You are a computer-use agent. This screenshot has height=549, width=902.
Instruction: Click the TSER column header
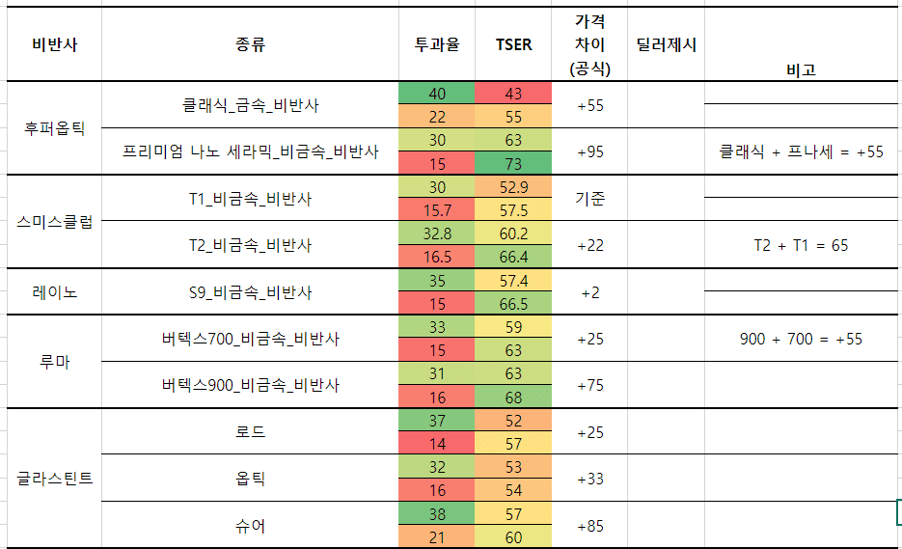click(513, 44)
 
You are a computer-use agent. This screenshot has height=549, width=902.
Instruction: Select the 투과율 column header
click(436, 44)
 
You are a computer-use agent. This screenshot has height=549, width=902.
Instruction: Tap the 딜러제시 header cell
click(667, 44)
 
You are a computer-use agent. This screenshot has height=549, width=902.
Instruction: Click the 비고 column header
click(801, 69)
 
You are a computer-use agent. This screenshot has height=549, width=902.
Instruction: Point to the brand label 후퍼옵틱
click(54, 128)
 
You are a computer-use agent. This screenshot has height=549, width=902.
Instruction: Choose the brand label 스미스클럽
click(54, 221)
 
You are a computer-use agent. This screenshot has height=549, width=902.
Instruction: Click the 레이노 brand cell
click(54, 291)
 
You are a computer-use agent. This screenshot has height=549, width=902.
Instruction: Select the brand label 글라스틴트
click(54, 478)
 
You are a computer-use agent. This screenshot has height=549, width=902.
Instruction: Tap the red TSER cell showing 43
click(513, 94)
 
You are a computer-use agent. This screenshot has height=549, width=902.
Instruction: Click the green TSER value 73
click(513, 163)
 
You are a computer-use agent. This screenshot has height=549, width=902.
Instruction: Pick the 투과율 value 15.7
click(437, 209)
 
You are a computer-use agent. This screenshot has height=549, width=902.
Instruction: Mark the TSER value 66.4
click(513, 257)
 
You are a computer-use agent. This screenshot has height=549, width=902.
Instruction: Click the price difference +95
click(589, 151)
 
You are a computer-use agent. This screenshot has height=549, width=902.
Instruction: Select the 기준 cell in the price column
click(589, 198)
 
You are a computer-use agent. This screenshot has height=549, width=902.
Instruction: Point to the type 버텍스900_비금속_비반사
click(250, 385)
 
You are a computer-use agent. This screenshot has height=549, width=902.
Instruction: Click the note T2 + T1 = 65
click(801, 245)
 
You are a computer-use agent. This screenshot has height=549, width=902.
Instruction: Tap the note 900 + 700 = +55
click(801, 339)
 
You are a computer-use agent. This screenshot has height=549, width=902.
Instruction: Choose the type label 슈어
click(250, 526)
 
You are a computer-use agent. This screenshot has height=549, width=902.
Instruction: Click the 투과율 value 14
click(437, 444)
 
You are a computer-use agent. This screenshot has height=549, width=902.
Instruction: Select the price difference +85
click(589, 526)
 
